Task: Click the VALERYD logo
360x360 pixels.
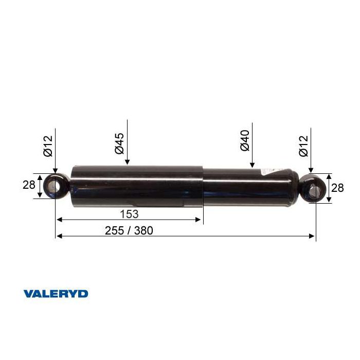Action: [56, 294]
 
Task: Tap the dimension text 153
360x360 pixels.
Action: [129, 214]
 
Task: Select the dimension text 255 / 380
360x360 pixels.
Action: [129, 230]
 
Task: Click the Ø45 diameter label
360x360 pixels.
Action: [119, 143]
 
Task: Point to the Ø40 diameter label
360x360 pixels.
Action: [244, 140]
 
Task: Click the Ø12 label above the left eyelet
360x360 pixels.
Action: [48, 146]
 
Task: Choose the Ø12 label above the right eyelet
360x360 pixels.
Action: [303, 146]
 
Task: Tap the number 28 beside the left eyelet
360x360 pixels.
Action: [29, 185]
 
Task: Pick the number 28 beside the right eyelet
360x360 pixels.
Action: [337, 188]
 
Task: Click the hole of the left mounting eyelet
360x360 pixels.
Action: [55, 186]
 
